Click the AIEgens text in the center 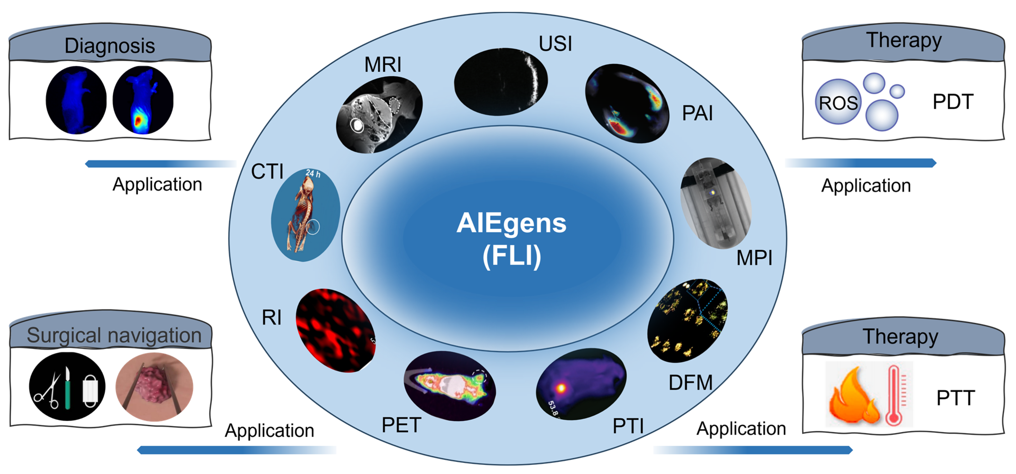511,223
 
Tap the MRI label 382,64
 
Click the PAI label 697,113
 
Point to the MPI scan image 716,203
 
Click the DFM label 690,382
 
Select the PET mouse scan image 450,386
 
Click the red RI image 335,331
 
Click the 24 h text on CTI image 313,173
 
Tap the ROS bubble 838,103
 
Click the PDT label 953,102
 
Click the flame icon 852,397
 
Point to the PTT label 955,398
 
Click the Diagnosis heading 110,46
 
